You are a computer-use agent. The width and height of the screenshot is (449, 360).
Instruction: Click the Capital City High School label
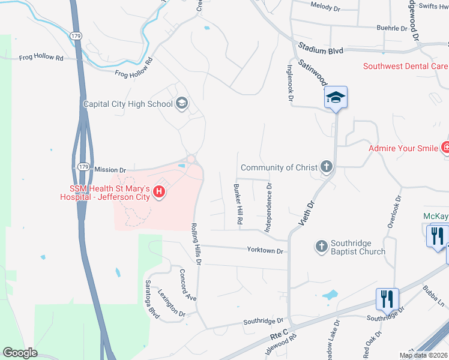click(127, 104)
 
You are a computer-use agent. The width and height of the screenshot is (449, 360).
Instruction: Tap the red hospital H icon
click(159, 192)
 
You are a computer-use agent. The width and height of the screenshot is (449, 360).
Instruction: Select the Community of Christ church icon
click(326, 167)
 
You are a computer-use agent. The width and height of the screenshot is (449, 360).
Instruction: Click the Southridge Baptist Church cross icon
click(322, 247)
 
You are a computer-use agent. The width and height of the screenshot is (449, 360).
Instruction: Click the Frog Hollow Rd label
click(41, 58)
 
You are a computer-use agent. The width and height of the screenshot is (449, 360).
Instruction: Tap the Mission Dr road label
click(110, 170)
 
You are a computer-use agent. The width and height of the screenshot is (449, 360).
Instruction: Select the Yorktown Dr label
click(265, 250)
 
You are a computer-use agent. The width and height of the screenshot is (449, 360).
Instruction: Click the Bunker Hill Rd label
click(238, 205)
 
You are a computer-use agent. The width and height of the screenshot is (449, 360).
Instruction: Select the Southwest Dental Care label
click(405, 66)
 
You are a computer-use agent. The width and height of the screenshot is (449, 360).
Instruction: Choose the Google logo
click(20, 353)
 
